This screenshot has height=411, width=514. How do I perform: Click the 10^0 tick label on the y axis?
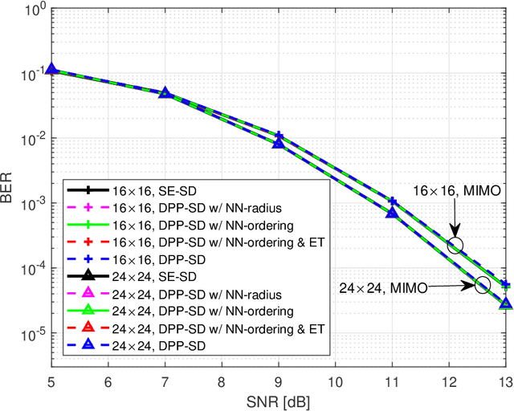33,11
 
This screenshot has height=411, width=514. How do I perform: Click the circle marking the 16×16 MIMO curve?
456,246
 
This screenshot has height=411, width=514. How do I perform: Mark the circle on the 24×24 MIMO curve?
483,285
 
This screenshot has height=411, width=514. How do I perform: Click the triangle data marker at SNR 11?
392,213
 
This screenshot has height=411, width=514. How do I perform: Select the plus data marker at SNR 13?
505,285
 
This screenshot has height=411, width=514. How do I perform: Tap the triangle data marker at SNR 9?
278,143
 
